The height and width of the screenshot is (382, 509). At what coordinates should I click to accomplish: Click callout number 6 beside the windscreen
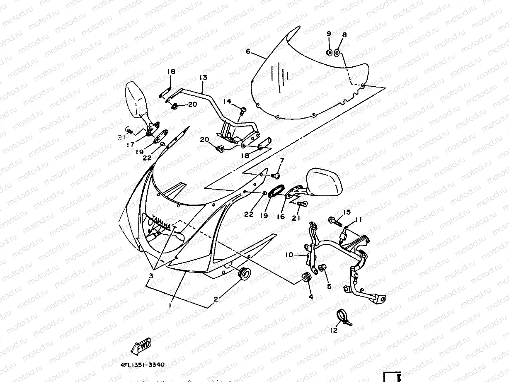248,52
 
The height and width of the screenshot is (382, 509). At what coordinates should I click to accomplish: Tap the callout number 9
329,34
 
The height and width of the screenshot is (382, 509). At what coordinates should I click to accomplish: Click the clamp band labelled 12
342,316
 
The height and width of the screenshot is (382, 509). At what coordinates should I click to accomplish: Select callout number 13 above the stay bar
203,78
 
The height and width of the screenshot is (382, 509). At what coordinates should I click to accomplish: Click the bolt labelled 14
243,111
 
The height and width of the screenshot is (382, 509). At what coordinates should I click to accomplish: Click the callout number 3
151,276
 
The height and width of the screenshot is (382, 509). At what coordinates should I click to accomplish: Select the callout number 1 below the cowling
170,305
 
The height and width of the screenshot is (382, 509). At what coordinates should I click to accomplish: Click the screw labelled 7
275,176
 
